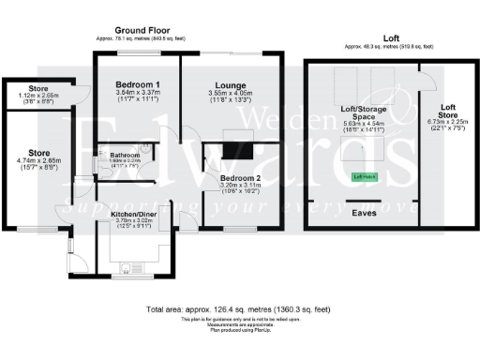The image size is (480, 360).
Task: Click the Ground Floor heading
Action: click(x=140, y=30)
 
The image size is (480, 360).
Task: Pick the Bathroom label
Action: click(x=124, y=154)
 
